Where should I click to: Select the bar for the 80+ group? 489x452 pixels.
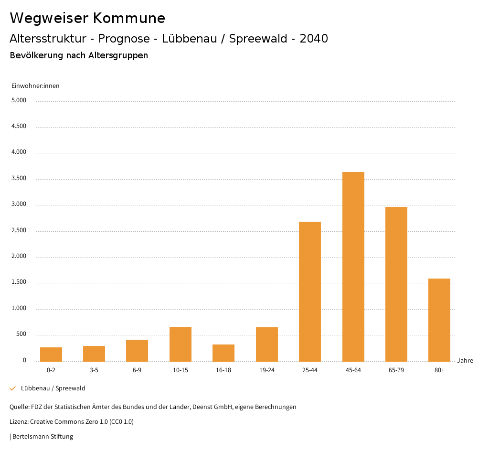[439, 320]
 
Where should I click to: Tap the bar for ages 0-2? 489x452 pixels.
[51, 354]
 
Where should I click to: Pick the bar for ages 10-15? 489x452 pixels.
[181, 344]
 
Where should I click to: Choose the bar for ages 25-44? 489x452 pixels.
[310, 291]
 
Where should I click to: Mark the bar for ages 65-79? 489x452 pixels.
[396, 284]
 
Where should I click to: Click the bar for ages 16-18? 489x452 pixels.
[223, 353]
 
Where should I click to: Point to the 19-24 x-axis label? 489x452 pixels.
[266, 370]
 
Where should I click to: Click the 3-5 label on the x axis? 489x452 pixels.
[94, 370]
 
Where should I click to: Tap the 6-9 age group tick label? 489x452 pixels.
[137, 370]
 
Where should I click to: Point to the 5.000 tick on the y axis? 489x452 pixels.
[19, 101]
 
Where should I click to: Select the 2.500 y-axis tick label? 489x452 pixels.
[19, 231]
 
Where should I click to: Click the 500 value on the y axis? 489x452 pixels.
[21, 334]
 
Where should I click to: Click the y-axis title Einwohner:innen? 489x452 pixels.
[35, 86]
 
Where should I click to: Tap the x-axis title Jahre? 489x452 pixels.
[465, 361]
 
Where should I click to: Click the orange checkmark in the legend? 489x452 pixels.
[13, 388]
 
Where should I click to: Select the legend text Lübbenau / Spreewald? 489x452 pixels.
[53, 388]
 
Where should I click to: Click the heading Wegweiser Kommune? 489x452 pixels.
[87, 18]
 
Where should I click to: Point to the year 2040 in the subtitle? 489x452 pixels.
[314, 39]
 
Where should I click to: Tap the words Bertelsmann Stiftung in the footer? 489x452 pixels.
[43, 437]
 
